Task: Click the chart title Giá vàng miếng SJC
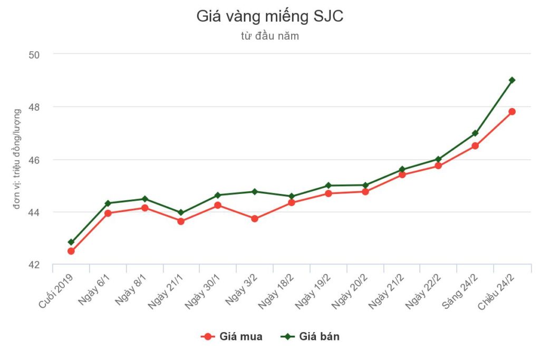pos(269,16)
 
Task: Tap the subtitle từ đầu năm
pos(269,36)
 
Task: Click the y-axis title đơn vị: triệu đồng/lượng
pos(17,159)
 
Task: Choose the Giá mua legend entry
pos(232,336)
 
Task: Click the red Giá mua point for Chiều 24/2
pos(512,111)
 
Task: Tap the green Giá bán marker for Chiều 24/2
pos(512,80)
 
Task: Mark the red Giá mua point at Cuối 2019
pos(71,251)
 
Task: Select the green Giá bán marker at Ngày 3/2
pos(255,191)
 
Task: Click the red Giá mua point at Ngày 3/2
pos(255,219)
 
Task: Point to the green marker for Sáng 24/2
pos(475,133)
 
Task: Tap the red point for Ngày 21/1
pos(181,221)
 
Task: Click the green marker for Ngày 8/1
pos(144,199)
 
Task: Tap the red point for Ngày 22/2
pos(438,166)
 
